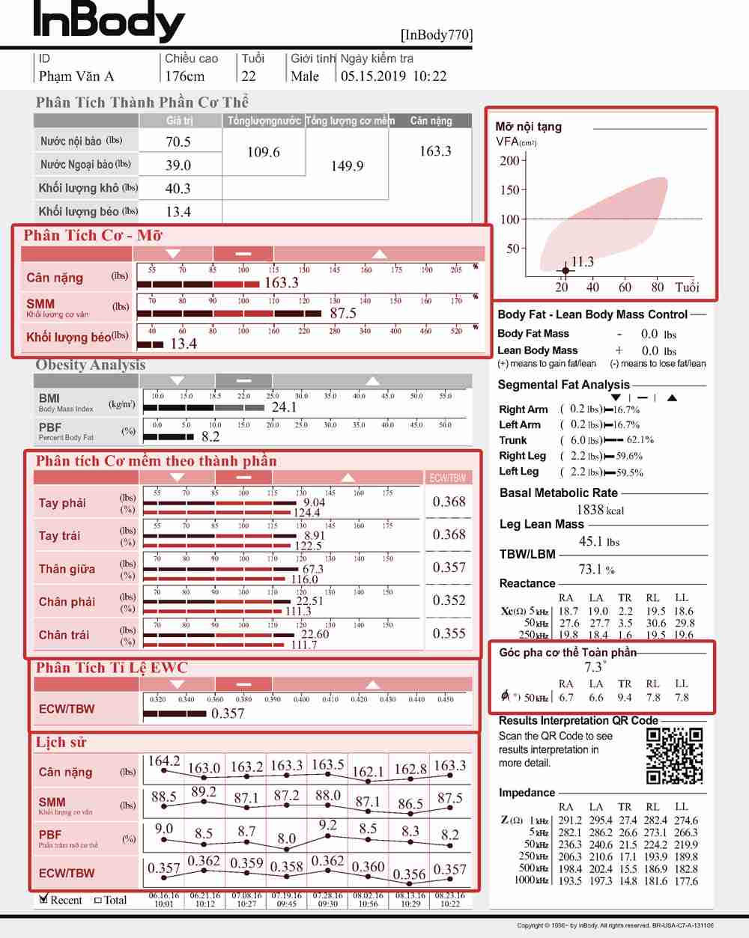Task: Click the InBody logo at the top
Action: (109, 22)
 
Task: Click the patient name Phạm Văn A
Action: (76, 76)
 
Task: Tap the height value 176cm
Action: (185, 76)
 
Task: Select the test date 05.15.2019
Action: (373, 76)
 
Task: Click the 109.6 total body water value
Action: (264, 153)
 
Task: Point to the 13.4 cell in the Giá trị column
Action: (178, 213)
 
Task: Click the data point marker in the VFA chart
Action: (565, 270)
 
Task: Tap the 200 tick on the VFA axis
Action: (509, 160)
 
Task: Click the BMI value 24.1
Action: (284, 407)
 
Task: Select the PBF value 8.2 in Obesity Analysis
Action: (210, 436)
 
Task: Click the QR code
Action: (674, 755)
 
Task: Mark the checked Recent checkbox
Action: (44, 899)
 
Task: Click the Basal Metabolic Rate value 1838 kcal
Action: (600, 510)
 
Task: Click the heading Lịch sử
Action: (61, 743)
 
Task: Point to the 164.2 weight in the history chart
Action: (163, 761)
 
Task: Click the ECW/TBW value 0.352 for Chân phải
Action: (449, 600)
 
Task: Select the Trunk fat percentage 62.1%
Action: (640, 440)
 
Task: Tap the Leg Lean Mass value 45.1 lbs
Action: (599, 541)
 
